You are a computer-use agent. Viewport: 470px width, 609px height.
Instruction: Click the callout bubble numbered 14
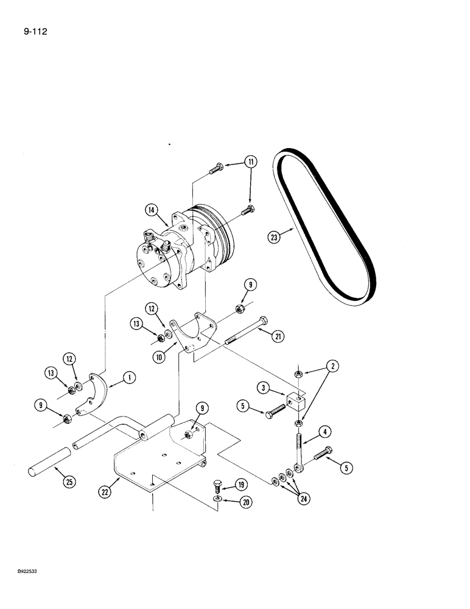point(153,211)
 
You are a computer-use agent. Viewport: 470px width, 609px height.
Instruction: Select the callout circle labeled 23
point(276,238)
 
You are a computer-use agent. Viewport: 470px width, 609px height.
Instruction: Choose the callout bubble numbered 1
point(128,378)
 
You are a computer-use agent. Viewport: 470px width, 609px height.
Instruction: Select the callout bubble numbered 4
point(325,433)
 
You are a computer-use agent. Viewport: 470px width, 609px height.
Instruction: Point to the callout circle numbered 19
point(242,485)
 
